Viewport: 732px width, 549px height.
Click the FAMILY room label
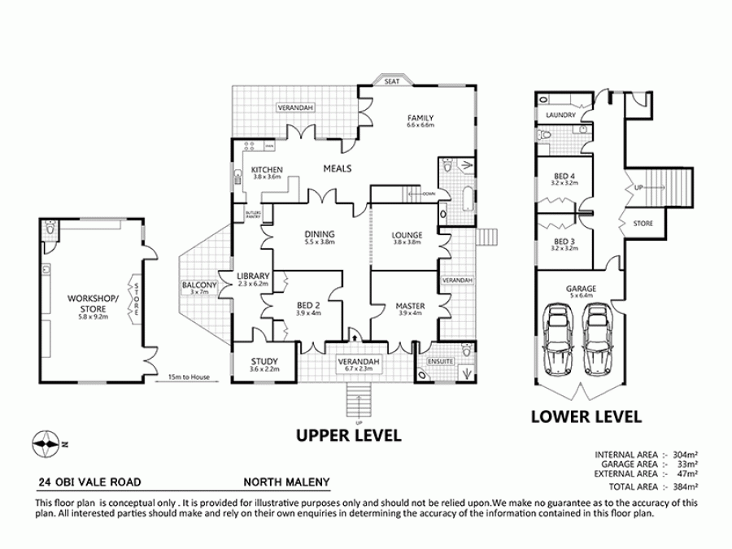coord(420,118)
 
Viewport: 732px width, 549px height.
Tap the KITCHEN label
coord(266,169)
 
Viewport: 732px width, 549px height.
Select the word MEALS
coord(337,168)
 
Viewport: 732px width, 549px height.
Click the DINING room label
coord(320,234)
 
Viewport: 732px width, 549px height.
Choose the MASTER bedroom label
coord(409,306)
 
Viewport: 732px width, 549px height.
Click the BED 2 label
coord(309,306)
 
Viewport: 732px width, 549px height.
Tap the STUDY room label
coord(264,362)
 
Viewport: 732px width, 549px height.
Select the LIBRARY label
coord(252,277)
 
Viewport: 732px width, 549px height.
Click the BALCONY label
coord(199,285)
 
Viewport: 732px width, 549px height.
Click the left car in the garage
coord(559,336)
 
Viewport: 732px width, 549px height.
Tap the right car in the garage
coord(598,336)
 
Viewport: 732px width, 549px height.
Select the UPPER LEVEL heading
coord(348,435)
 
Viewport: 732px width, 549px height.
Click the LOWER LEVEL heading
coord(586,416)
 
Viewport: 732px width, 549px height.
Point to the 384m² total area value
coord(685,486)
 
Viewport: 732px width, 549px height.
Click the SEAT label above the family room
coord(391,81)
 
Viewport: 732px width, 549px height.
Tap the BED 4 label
coord(564,176)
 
